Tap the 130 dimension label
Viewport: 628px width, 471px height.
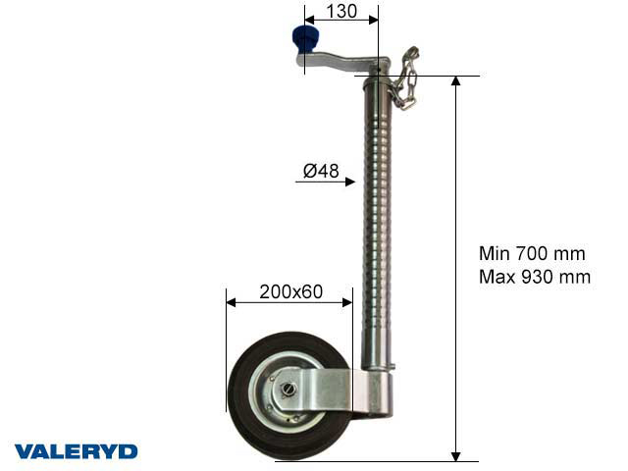click(x=338, y=12)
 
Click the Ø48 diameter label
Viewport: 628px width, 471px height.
click(x=320, y=171)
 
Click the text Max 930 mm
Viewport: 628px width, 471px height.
click(x=534, y=277)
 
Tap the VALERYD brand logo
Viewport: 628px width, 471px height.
click(x=76, y=451)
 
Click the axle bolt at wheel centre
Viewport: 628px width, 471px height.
click(x=288, y=390)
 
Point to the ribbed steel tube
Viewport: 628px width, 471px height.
click(x=378, y=226)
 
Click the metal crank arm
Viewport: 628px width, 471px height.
click(x=343, y=60)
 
